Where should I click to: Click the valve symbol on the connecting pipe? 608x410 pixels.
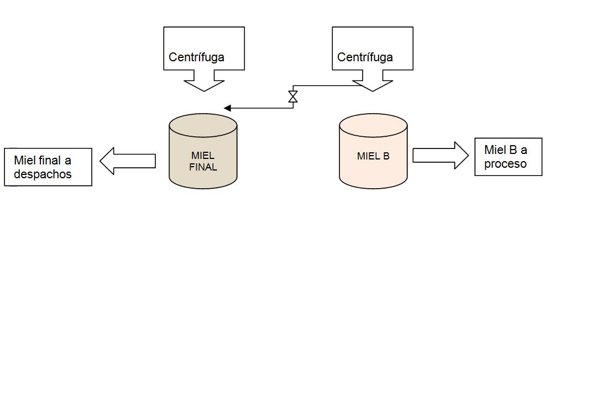pyautogui.click(x=293, y=97)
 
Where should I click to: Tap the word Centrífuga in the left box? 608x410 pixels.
pyautogui.click(x=196, y=57)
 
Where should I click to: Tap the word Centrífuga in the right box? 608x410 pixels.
pyautogui.click(x=365, y=57)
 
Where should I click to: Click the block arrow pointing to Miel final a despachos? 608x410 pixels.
pyautogui.click(x=128, y=161)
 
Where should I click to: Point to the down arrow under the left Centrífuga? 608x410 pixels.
pyautogui.click(x=204, y=84)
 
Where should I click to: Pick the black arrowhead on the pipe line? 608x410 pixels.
pyautogui.click(x=227, y=108)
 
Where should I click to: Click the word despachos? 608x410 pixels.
pyautogui.click(x=43, y=174)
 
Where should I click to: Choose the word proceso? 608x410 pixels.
pyautogui.click(x=505, y=164)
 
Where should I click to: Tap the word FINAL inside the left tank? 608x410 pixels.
pyautogui.click(x=203, y=167)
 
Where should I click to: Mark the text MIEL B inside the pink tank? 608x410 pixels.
pyautogui.click(x=373, y=156)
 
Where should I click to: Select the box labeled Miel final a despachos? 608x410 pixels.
pyautogui.click(x=48, y=167)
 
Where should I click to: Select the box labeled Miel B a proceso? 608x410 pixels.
pyautogui.click(x=508, y=157)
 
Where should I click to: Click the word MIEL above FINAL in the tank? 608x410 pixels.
pyautogui.click(x=203, y=156)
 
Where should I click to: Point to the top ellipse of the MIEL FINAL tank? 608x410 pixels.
pyautogui.click(x=203, y=125)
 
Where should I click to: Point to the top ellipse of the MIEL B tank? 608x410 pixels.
pyautogui.click(x=373, y=125)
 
